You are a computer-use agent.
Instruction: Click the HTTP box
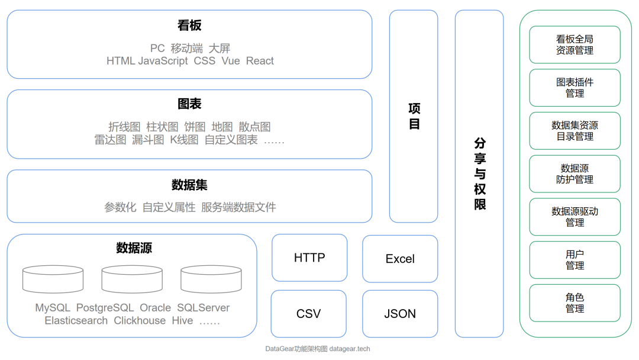click(309, 258)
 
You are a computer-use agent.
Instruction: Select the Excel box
click(400, 259)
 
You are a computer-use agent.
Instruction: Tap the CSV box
click(308, 314)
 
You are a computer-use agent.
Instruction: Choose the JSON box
click(400, 314)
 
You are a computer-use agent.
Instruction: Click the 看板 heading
click(189, 25)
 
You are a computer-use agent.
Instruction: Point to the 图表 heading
click(189, 104)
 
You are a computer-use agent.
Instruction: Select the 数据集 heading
click(189, 185)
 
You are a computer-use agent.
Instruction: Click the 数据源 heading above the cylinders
click(134, 248)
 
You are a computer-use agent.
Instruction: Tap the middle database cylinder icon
click(132, 279)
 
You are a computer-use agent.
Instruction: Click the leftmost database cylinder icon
click(53, 279)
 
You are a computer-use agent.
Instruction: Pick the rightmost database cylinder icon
click(211, 279)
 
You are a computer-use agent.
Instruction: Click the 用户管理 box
click(575, 260)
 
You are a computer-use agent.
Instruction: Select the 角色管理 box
click(575, 303)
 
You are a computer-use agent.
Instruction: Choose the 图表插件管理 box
click(575, 88)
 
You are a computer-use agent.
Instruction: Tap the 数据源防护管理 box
click(575, 174)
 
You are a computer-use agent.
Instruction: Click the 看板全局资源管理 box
click(575, 44)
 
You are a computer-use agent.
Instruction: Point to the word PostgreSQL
click(105, 308)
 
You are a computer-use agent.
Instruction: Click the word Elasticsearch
click(76, 321)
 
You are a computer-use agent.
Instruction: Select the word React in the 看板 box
click(260, 61)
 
